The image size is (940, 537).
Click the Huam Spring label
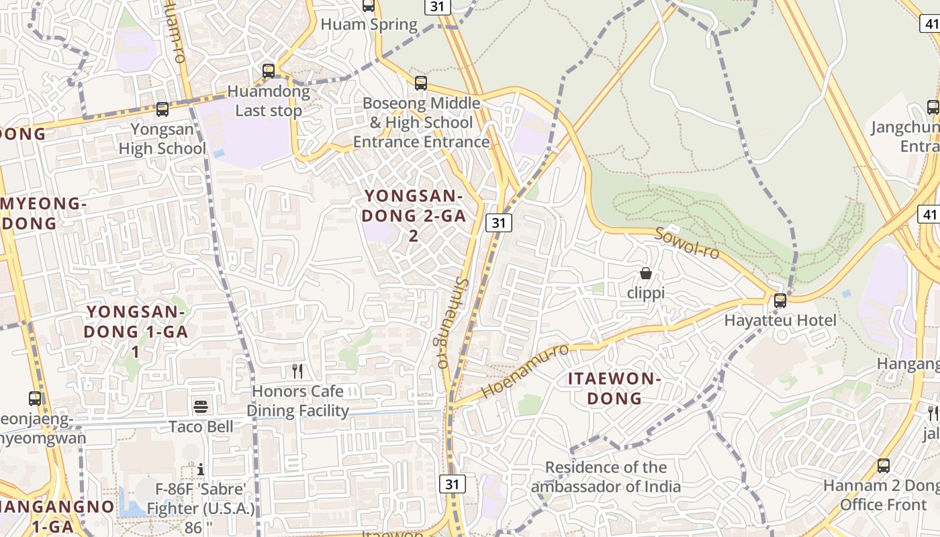[x=369, y=25]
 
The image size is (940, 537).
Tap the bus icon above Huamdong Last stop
[x=269, y=70]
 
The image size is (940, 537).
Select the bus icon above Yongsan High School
[x=162, y=109]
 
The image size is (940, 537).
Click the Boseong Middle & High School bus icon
[x=421, y=83]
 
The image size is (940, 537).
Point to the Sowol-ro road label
[x=686, y=243]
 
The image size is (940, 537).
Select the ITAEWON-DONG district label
[x=614, y=389]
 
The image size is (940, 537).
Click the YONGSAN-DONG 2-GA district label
[x=414, y=215]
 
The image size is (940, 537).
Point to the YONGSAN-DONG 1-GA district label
[x=136, y=331]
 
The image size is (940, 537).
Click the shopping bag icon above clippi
[x=645, y=273]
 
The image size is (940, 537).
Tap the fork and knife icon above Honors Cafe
[x=297, y=371]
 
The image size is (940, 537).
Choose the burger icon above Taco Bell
[x=201, y=406]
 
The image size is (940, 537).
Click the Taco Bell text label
[x=201, y=427]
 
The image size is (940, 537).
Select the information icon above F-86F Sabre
[x=200, y=469]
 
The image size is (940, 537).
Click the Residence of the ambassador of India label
[x=606, y=477]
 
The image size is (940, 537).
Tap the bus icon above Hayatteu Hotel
[x=780, y=301]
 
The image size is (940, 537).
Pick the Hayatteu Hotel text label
[x=780, y=321]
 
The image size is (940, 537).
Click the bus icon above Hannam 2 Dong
[x=884, y=465]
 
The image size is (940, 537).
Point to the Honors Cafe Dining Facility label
[x=298, y=401]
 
